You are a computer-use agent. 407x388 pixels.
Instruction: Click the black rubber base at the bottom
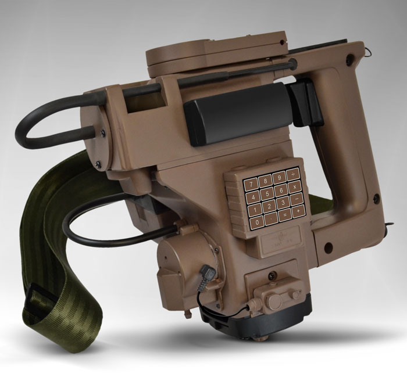(x=256, y=322)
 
